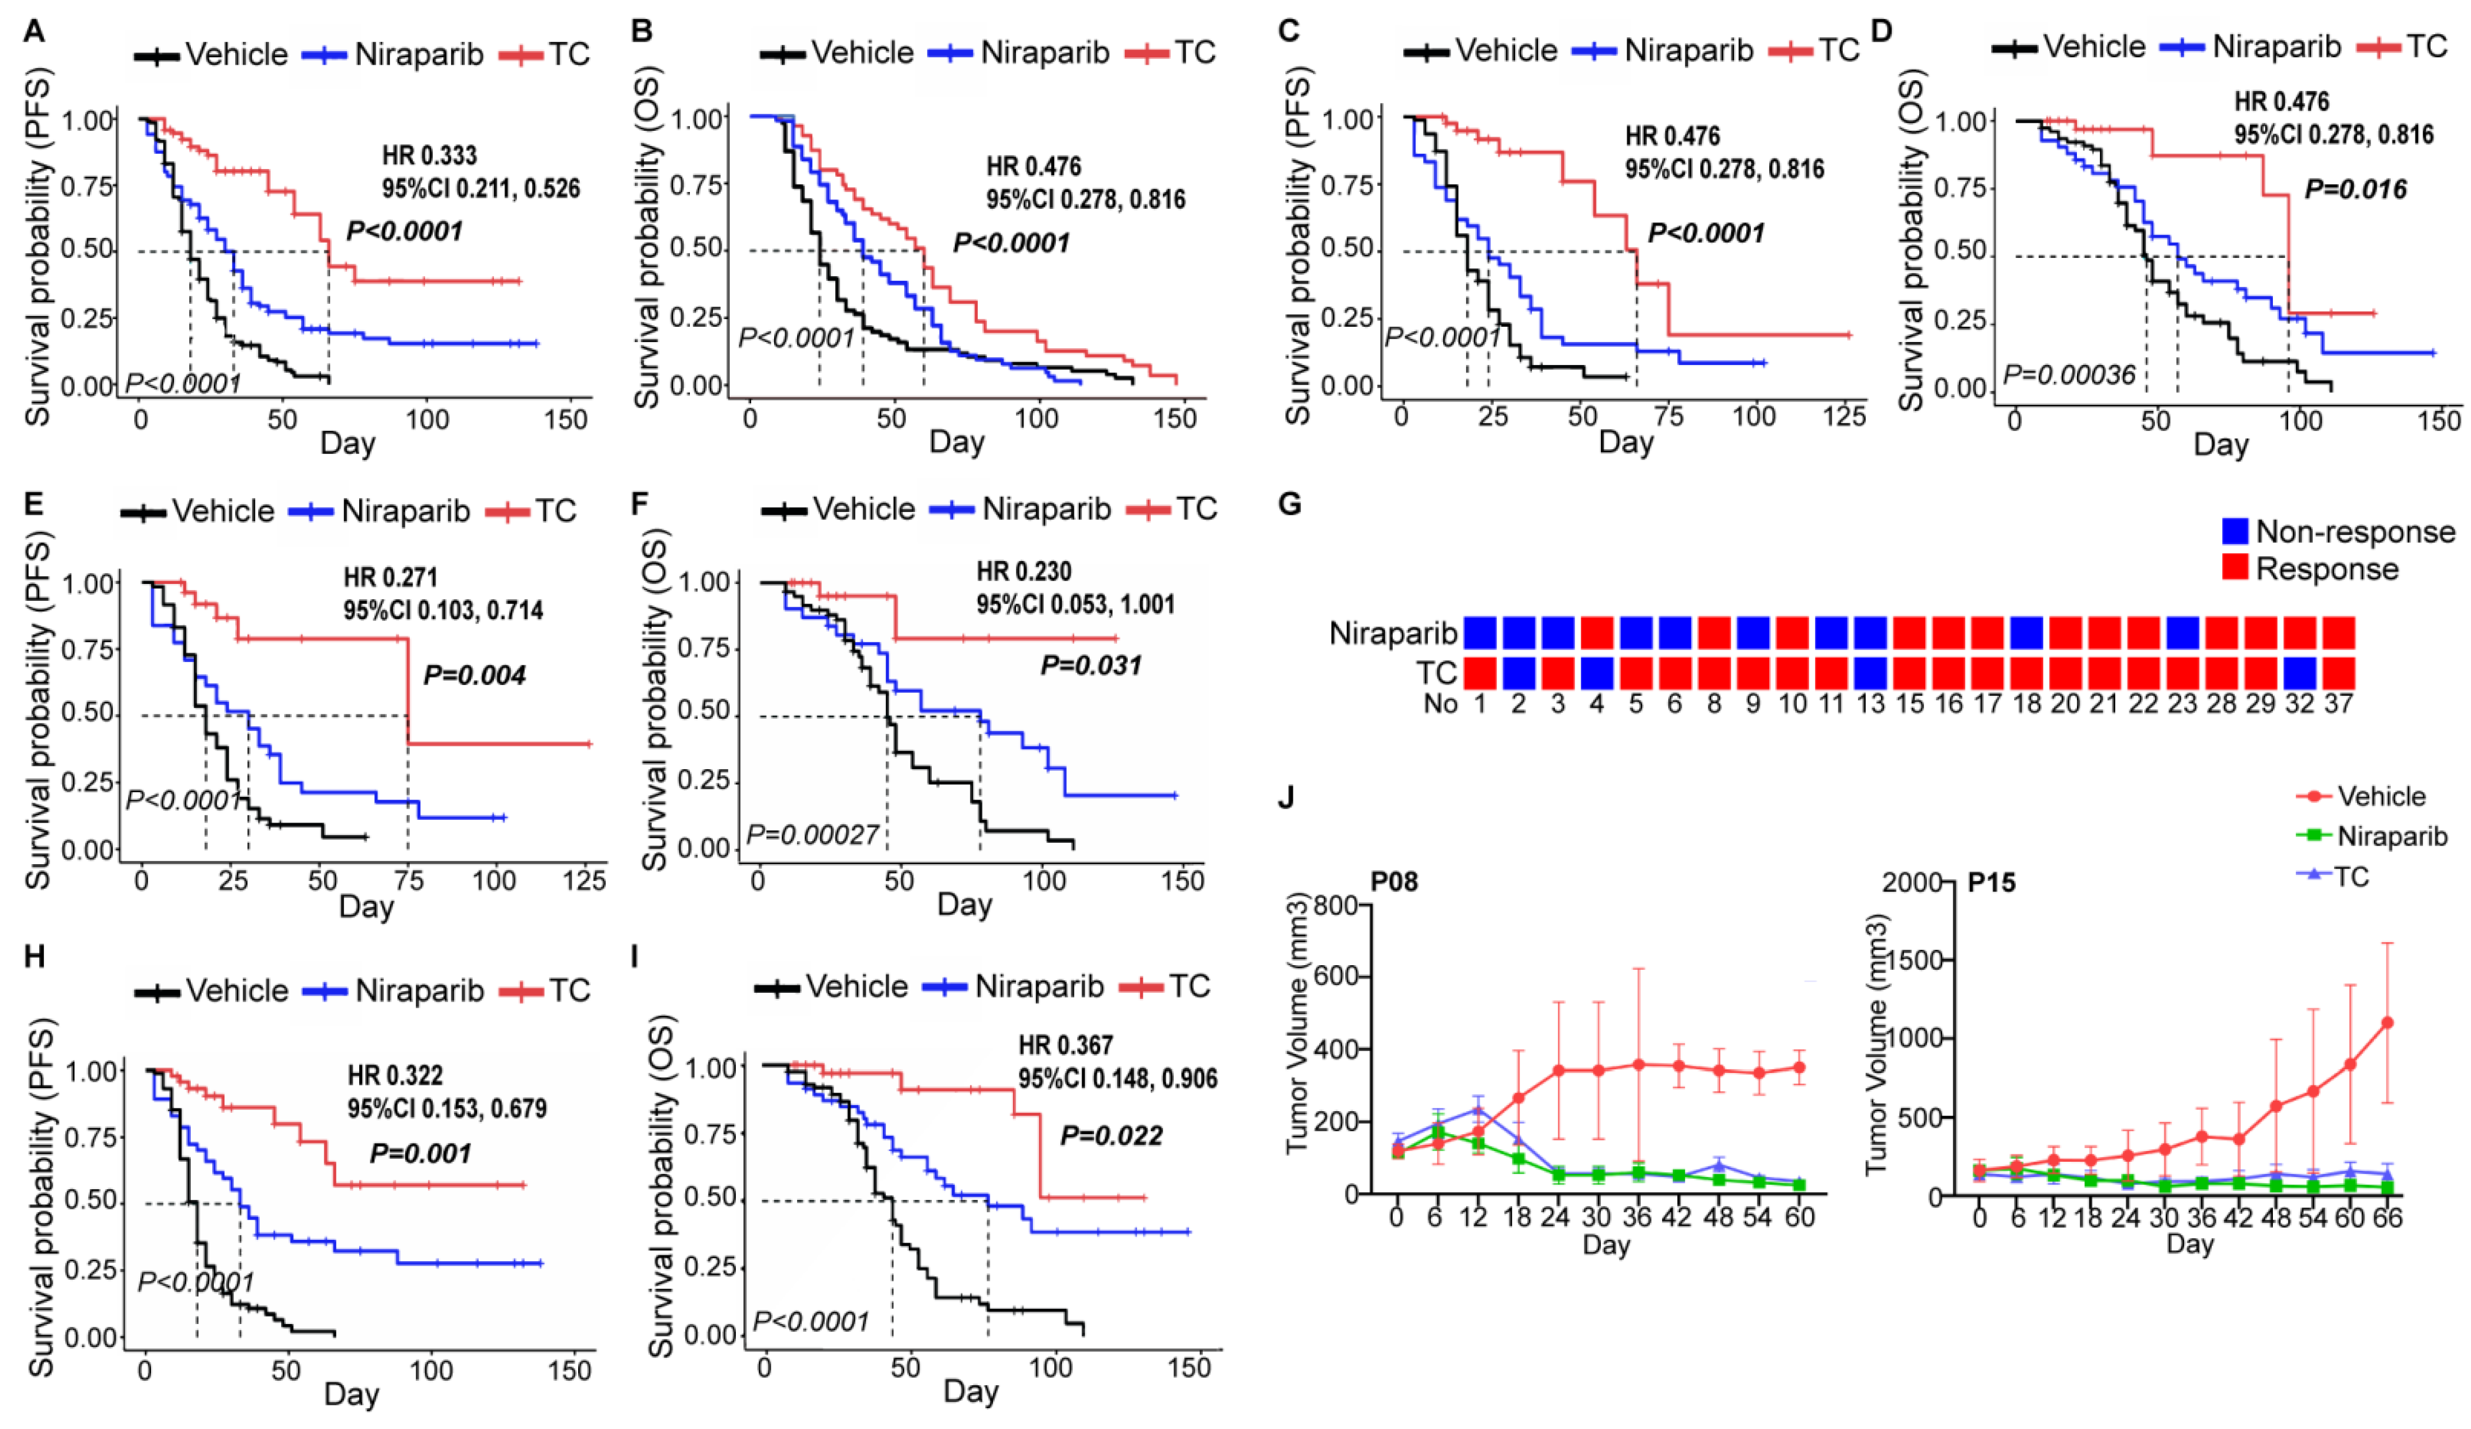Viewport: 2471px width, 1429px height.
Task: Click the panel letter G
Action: click(x=1291, y=505)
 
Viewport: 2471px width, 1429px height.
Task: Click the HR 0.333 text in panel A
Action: click(x=429, y=155)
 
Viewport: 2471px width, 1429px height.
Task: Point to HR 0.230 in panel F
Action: click(x=1024, y=572)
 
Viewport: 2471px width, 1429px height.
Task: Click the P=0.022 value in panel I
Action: click(x=1112, y=1136)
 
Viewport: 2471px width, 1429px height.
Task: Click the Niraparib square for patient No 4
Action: click(x=1596, y=633)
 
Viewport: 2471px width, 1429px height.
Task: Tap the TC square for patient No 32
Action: click(x=2299, y=673)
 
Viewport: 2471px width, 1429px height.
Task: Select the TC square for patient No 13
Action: click(x=1870, y=673)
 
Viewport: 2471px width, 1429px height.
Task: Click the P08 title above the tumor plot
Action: click(x=1393, y=882)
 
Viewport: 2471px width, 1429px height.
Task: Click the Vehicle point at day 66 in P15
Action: click(x=2387, y=1022)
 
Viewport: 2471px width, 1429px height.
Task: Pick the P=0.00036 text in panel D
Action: click(x=2068, y=374)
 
